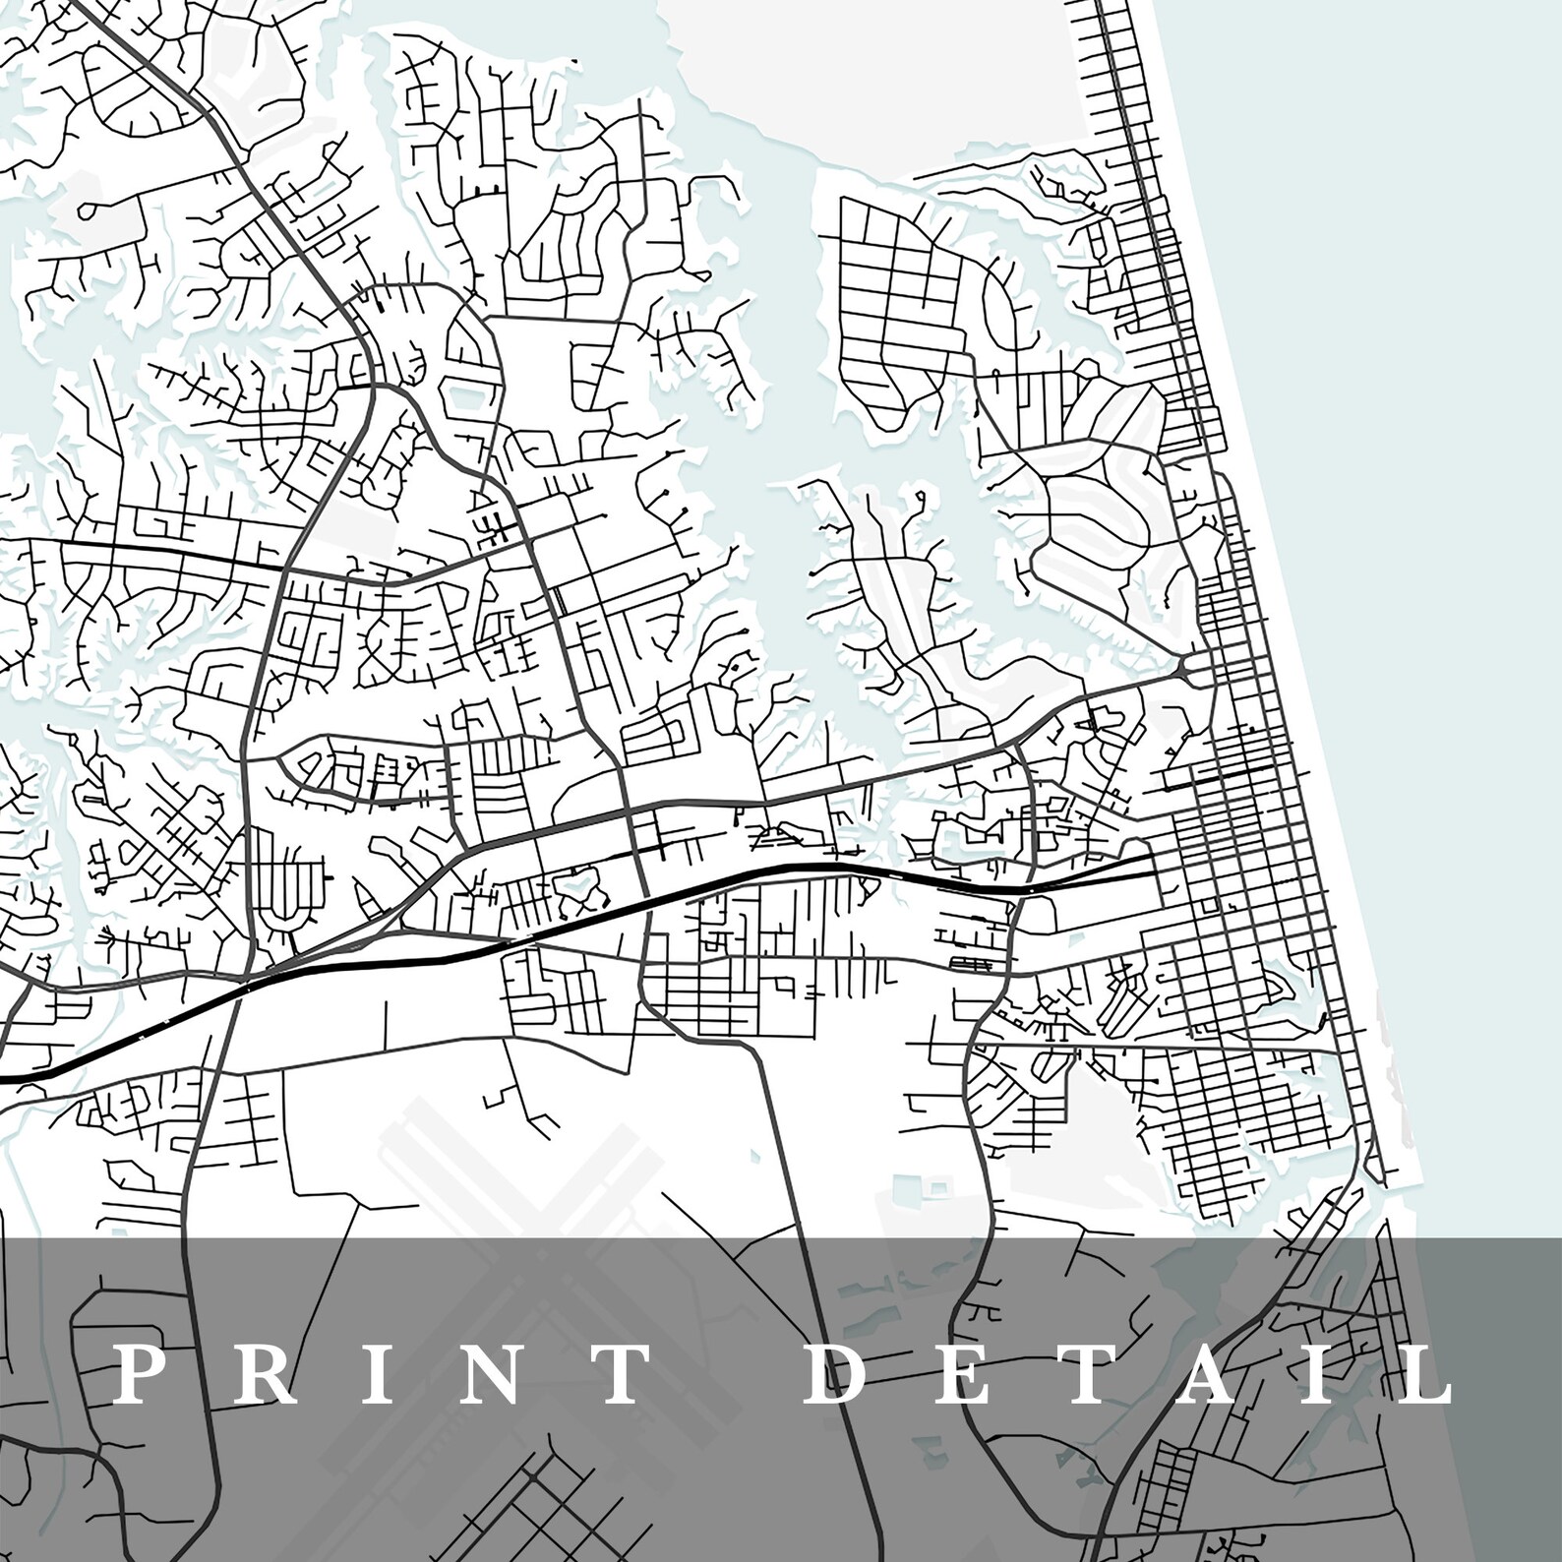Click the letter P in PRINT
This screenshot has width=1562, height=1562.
[x=135, y=1375]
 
